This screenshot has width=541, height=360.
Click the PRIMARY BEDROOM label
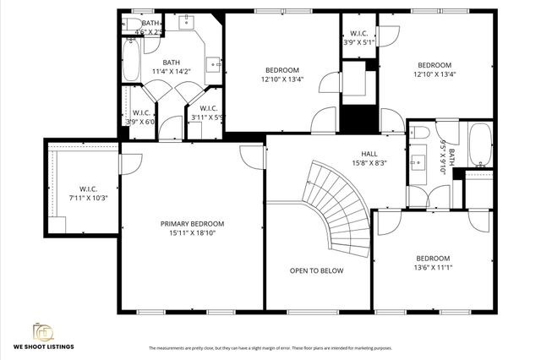[x=193, y=224]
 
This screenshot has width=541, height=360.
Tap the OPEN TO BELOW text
[x=316, y=270]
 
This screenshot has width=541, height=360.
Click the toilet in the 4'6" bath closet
[x=136, y=23]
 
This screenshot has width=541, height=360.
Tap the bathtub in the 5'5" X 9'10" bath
[x=480, y=146]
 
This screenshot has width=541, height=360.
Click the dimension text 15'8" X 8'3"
[x=369, y=164]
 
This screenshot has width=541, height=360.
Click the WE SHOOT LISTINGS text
[x=42, y=346]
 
